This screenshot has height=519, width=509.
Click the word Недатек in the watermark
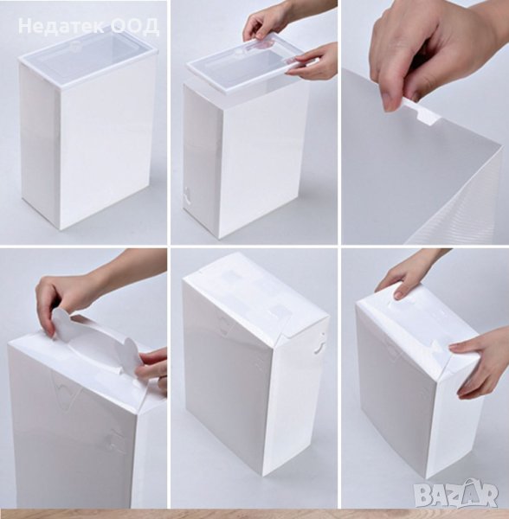pos(61,26)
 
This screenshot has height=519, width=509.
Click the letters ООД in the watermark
pos(135,26)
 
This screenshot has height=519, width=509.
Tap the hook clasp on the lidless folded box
pos(319,345)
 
